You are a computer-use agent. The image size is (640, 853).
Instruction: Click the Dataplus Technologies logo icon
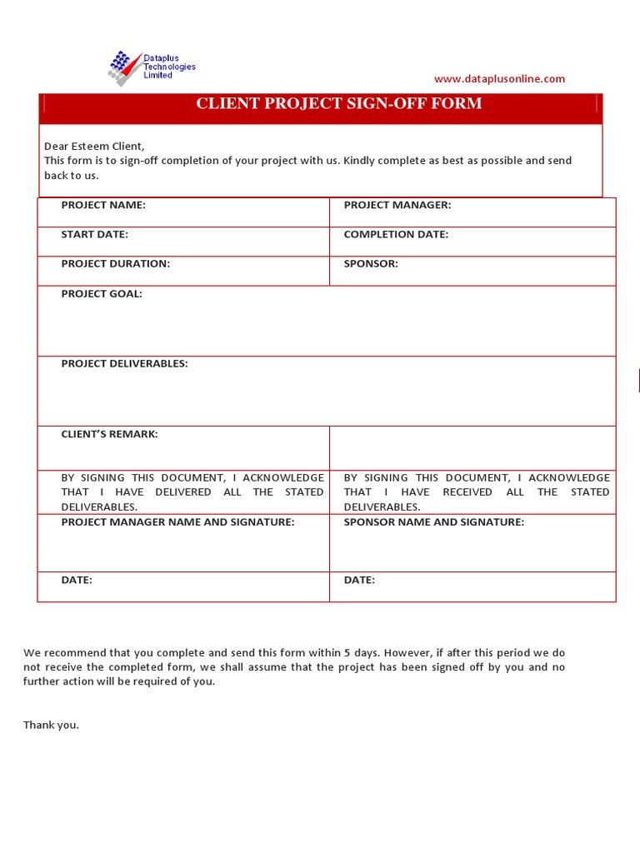[x=124, y=67]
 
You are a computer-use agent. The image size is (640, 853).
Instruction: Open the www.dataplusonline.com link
[x=499, y=79]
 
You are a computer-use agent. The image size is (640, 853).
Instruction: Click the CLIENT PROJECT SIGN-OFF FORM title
[x=338, y=103]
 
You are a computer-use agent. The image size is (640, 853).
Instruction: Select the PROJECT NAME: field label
[x=103, y=205]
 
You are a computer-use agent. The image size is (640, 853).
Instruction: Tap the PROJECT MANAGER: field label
[x=397, y=205]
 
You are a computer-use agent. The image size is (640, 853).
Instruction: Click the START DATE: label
[x=94, y=234]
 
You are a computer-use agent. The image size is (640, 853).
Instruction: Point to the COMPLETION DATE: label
[x=396, y=234]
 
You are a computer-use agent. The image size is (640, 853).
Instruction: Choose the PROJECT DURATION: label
[x=115, y=263]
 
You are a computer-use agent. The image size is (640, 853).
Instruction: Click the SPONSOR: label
[x=371, y=263]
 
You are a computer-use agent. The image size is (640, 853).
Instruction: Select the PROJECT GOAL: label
[x=102, y=293]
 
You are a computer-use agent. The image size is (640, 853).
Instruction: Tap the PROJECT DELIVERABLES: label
[x=124, y=363]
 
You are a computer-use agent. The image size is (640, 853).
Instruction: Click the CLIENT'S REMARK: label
[x=109, y=434]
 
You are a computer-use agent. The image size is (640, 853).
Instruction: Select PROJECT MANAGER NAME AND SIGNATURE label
[x=177, y=521]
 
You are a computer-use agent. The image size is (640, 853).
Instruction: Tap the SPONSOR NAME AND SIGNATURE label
[x=434, y=521]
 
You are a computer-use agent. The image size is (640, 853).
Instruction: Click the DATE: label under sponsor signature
[x=359, y=580]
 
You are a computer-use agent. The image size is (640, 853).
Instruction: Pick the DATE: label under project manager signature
[x=77, y=580]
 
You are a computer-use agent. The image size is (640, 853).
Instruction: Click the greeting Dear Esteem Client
[x=94, y=146]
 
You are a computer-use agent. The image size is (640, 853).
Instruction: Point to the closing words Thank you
[x=51, y=725]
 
